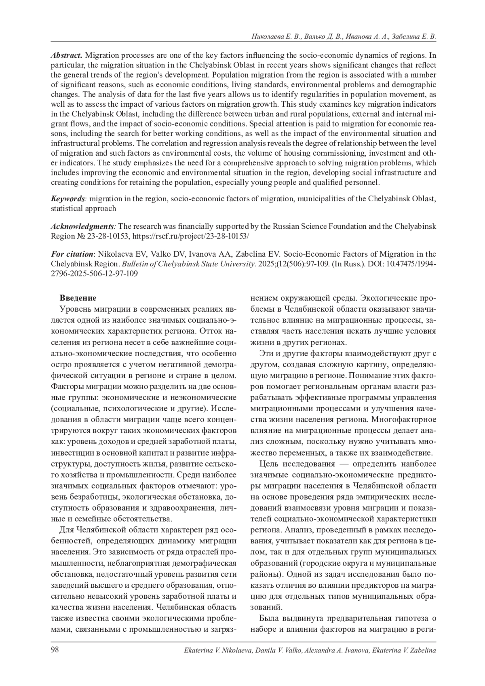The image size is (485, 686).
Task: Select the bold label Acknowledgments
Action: (x=83, y=226)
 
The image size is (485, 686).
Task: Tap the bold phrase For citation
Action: (x=72, y=254)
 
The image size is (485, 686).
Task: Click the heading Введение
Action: (x=78, y=298)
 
